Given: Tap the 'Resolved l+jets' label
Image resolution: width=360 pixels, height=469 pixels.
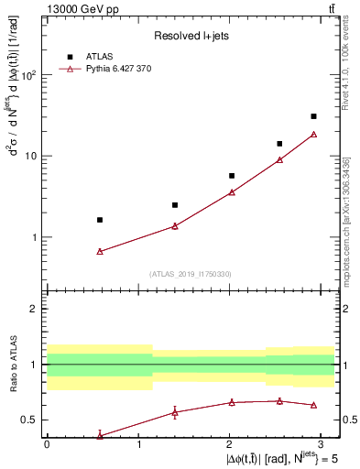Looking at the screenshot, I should point(191,36).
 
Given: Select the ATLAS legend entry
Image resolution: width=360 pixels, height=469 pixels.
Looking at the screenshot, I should point(101,57).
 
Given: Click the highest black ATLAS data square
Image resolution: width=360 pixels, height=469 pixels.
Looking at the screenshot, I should point(313,116).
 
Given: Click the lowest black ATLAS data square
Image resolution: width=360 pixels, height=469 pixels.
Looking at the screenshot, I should point(100,220).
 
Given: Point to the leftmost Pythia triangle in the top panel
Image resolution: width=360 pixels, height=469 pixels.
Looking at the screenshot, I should point(100,251).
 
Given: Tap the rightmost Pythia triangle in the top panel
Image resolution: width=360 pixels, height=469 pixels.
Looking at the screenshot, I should point(313,134).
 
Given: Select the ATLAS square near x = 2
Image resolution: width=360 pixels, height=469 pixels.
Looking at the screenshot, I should point(232,176).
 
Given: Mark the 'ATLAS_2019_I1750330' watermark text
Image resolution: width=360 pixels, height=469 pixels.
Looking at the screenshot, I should point(191,274).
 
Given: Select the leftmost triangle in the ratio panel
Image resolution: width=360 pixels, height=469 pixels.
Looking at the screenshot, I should point(100,436).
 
